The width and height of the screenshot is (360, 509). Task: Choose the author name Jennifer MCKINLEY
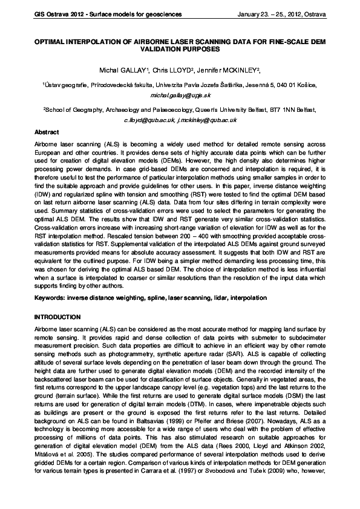click(x=227, y=71)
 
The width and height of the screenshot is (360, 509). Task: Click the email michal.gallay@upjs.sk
click(x=179, y=95)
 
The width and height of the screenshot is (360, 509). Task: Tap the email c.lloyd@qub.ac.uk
click(x=148, y=121)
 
